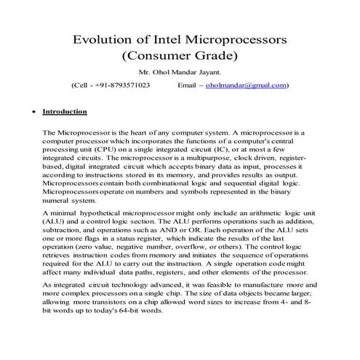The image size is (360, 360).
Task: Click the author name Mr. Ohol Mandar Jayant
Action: pos(180,73)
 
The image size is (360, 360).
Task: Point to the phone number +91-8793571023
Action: pos(124,86)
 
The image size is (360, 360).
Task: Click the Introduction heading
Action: pos(65,112)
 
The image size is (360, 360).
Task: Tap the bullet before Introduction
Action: pos(28,113)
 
